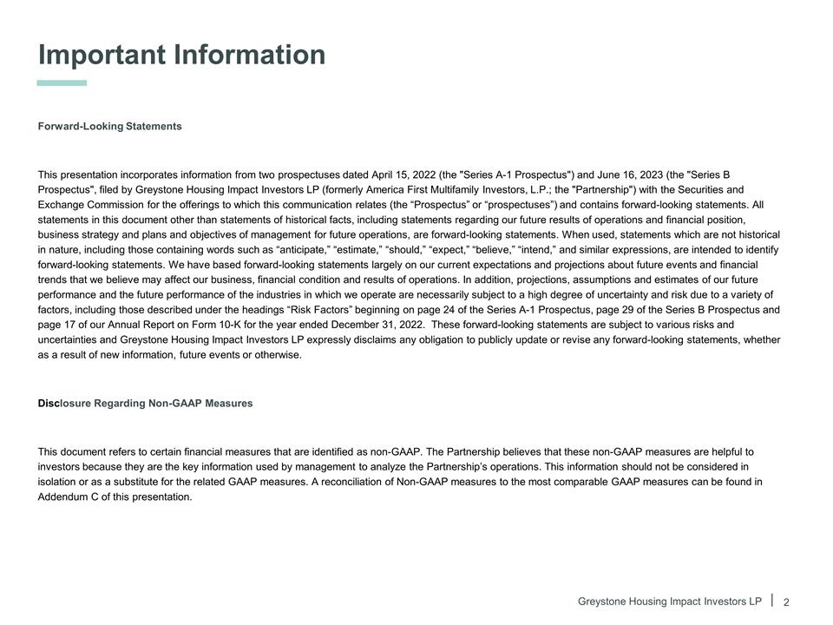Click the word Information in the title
(x=250, y=56)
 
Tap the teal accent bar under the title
(x=62, y=83)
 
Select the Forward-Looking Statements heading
(x=110, y=127)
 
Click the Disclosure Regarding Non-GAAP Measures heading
(x=146, y=404)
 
